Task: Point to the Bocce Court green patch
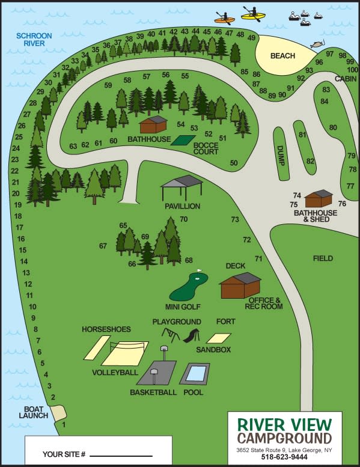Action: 183,140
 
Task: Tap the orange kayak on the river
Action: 224,19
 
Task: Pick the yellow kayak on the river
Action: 254,14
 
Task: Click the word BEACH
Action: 282,56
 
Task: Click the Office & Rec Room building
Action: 240,285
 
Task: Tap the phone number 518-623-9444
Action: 285,457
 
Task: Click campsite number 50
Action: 234,163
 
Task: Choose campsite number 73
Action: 235,219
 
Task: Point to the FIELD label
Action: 323,258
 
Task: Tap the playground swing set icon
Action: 173,334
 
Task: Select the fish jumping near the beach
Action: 315,44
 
